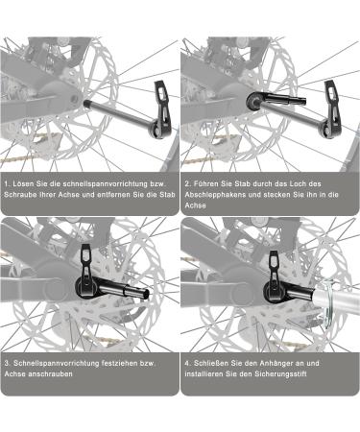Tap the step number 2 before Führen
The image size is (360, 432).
pos(188,180)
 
